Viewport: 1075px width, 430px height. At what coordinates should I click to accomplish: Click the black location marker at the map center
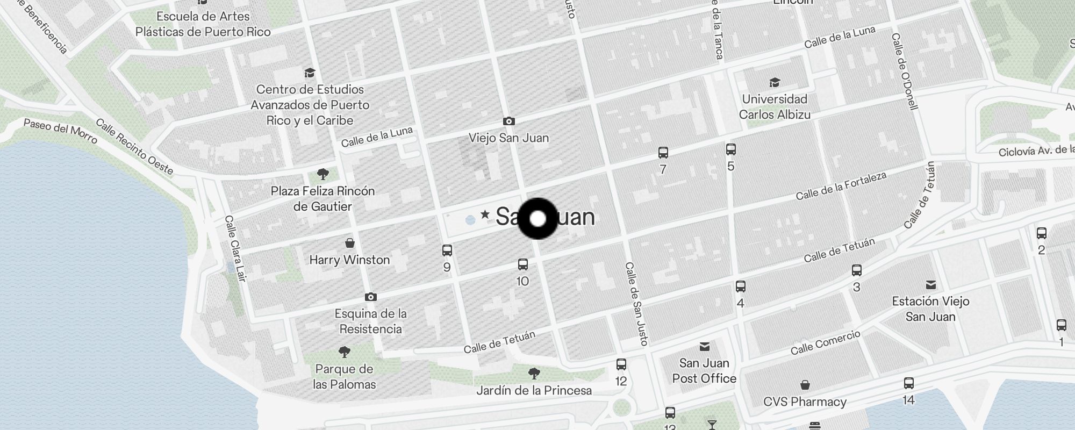pos(537,219)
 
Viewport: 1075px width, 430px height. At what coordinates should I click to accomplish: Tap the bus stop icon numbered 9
pos(447,250)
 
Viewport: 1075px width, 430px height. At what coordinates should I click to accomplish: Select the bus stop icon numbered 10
pos(522,264)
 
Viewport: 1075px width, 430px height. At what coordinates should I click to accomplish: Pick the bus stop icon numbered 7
pos(663,153)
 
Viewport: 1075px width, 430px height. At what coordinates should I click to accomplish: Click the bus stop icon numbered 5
pos(730,149)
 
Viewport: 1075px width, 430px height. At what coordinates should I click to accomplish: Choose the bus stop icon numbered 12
pos(621,364)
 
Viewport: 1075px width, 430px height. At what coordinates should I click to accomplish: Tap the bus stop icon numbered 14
pos(908,383)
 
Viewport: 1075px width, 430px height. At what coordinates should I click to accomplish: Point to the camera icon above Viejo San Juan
pos(508,121)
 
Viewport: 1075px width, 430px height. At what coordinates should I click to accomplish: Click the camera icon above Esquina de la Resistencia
pos(370,297)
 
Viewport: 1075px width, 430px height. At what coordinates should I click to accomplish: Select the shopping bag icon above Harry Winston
pos(349,243)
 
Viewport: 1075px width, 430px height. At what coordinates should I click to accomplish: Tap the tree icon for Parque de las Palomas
pos(344,353)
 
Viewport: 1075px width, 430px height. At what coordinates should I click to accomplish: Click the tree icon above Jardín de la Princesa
pos(534,373)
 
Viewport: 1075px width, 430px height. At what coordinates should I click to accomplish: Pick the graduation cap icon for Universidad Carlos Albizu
pos(774,82)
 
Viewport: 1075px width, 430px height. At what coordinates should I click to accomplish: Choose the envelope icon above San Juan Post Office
pos(704,347)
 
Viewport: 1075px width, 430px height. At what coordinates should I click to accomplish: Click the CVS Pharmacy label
pos(805,402)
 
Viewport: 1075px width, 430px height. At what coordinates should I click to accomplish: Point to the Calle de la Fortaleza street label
pos(841,186)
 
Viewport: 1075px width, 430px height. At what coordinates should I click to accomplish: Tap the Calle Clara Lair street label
pos(235,248)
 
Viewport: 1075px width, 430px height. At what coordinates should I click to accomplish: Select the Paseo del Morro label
pos(60,132)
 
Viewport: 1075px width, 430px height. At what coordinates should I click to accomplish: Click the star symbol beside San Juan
pos(485,214)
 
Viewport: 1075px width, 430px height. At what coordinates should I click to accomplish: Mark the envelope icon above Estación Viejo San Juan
pos(930,285)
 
